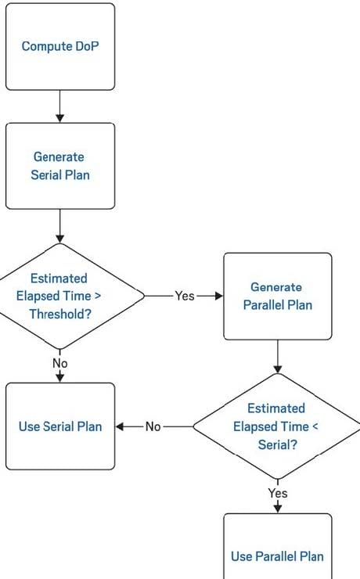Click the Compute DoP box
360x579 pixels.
pos(60,46)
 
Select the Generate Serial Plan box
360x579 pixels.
pos(60,166)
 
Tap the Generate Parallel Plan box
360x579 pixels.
pos(278,296)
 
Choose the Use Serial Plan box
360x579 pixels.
pos(60,426)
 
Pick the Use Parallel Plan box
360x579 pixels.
pos(278,546)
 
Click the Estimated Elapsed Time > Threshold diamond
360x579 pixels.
pos(60,296)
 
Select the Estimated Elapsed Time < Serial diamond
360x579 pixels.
pos(278,426)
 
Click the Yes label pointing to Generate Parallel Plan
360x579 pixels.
pos(184,296)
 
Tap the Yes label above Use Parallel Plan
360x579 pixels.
pos(278,493)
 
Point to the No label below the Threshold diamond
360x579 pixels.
pos(60,363)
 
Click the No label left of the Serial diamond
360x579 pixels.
pos(153,426)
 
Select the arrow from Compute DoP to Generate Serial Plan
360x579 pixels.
pos(59,106)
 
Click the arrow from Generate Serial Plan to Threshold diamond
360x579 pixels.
pos(59,226)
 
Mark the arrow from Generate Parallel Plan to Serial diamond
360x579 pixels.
pos(278,356)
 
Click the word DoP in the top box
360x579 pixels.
pos(87,46)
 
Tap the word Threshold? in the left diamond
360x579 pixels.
pos(60,314)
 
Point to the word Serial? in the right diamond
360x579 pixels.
pos(278,444)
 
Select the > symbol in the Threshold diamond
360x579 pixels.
pos(98,296)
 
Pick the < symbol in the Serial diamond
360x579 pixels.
pos(315,426)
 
